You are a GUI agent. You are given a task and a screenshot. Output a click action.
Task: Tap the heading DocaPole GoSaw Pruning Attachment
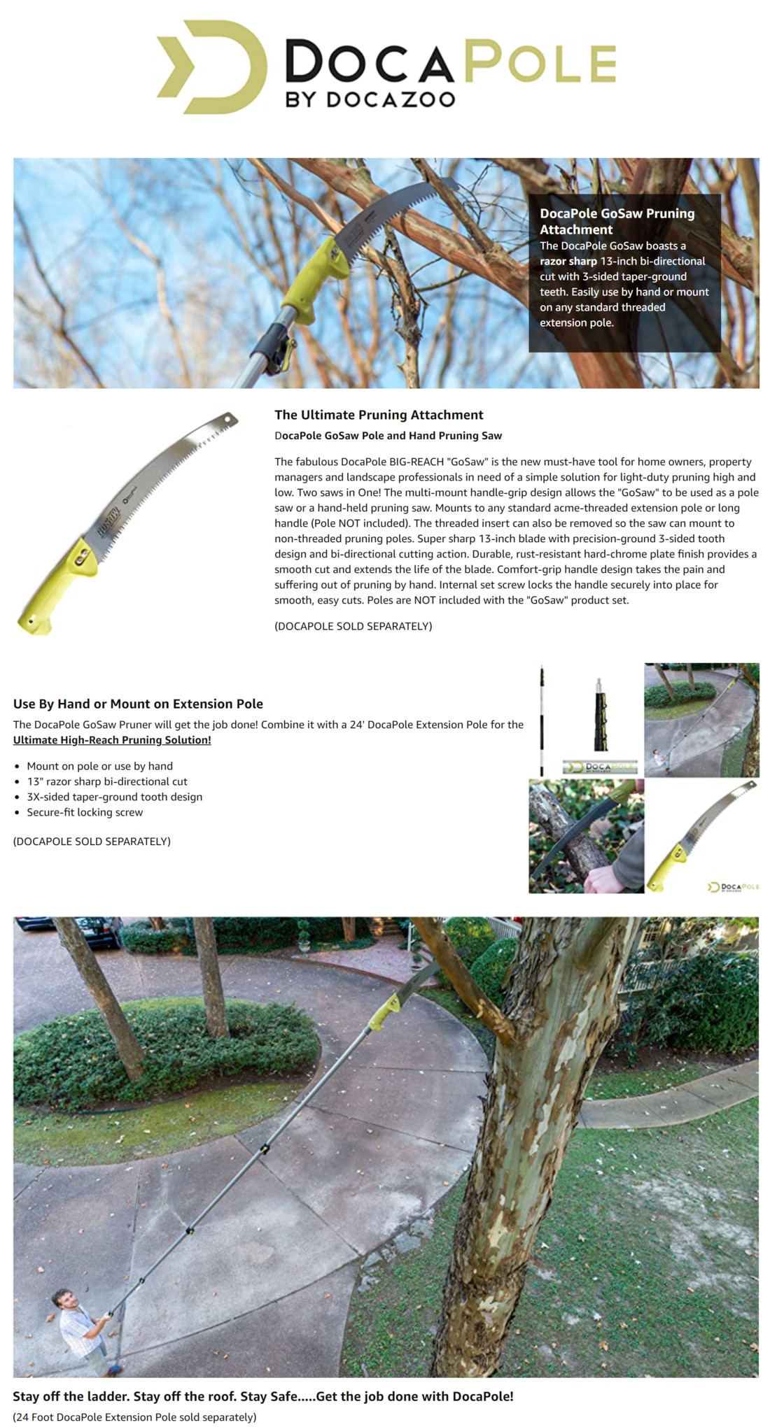click(616, 221)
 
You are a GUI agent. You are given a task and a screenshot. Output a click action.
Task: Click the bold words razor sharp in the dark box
click(568, 261)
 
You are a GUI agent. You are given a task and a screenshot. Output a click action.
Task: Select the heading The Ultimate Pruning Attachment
click(379, 415)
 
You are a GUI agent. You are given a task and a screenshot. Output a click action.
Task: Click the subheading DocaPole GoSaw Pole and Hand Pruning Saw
click(388, 435)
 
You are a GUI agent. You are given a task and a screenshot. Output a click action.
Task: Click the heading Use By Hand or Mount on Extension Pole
click(138, 704)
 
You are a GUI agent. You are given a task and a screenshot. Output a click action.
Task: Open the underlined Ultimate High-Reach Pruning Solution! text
click(112, 740)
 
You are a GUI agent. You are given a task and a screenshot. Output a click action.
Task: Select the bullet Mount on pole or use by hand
click(99, 766)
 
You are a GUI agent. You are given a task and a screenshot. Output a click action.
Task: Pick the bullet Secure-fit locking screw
click(85, 812)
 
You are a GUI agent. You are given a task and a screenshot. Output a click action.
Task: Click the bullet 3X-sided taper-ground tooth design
click(114, 797)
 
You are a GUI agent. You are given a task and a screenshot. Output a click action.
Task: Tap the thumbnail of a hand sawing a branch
click(585, 837)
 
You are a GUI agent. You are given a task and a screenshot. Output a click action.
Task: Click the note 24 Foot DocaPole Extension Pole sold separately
click(134, 1417)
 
